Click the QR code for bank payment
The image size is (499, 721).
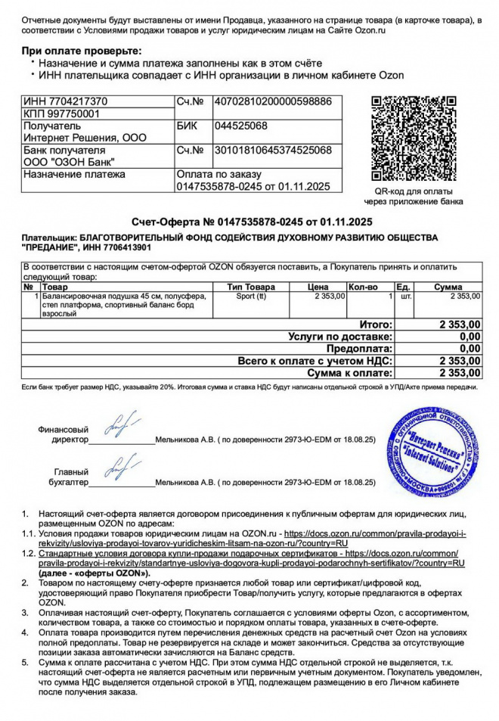click(413, 139)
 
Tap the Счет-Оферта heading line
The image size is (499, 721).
click(253, 222)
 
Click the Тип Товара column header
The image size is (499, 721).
click(251, 287)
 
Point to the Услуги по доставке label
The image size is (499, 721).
click(340, 336)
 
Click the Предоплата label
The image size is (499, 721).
click(359, 348)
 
